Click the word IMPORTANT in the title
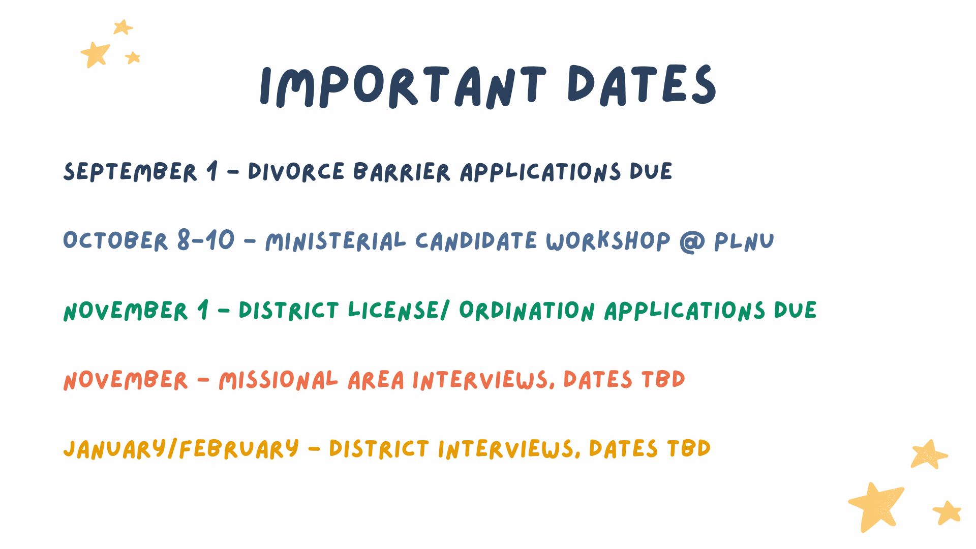[x=403, y=86]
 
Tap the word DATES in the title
[x=642, y=85]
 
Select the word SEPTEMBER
[x=130, y=172]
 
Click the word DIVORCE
[x=296, y=172]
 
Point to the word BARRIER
[x=402, y=172]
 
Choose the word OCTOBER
[x=115, y=240]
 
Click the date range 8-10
[x=206, y=239]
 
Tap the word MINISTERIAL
[x=335, y=241]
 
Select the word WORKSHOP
[x=608, y=241]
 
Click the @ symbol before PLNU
[x=692, y=242]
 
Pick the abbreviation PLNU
[x=744, y=241]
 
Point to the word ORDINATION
[x=527, y=311]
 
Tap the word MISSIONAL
[x=278, y=380]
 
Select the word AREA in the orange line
[x=376, y=380]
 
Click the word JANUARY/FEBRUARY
[x=181, y=449]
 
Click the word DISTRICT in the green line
[x=289, y=311]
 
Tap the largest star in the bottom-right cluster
[x=876, y=506]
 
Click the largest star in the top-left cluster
[x=95, y=54]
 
